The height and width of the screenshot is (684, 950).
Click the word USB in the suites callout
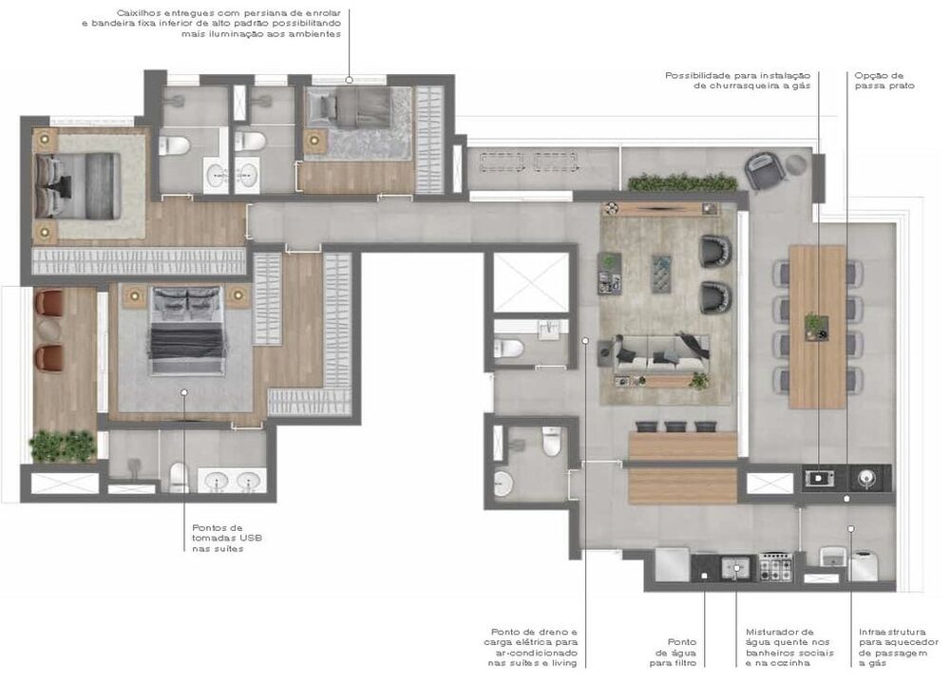(251, 538)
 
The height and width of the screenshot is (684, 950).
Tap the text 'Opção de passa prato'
(883, 81)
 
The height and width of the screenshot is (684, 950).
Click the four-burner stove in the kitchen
(775, 566)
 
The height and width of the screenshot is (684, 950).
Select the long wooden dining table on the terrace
(817, 327)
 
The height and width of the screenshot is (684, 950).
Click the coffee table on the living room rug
(661, 274)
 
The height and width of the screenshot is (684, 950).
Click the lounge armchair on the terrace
(765, 170)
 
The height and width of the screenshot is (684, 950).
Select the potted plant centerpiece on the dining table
(816, 326)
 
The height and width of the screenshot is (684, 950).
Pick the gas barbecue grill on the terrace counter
(819, 479)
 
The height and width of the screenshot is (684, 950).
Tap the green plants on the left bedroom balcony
(63, 446)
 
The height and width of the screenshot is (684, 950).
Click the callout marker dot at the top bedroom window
(349, 80)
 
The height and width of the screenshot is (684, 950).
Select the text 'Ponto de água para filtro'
(674, 653)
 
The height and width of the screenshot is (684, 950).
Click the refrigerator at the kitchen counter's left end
(672, 565)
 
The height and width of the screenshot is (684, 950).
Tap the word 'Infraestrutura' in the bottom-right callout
(892, 632)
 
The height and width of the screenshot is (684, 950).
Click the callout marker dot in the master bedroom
(184, 392)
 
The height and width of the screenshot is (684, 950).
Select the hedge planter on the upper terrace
(683, 181)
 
